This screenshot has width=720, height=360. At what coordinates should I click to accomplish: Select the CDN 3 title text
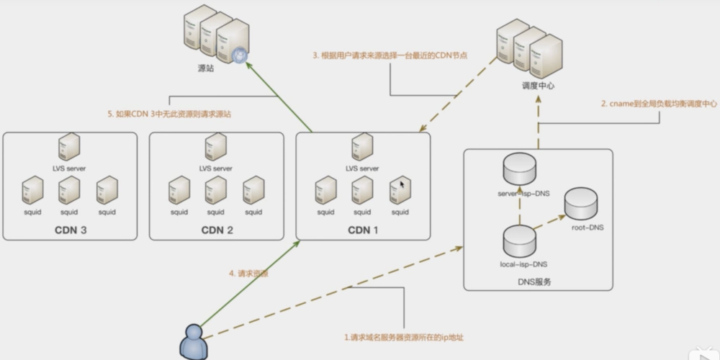coord(70,230)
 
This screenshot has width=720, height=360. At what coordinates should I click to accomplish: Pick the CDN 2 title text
coord(217,230)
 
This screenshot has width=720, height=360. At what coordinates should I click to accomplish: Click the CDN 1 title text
coord(364,230)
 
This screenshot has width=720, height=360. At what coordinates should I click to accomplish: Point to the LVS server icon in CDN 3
coord(69,147)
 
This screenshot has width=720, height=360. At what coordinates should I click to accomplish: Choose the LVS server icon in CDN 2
coord(215,147)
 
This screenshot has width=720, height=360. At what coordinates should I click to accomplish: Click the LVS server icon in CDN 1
coord(362,147)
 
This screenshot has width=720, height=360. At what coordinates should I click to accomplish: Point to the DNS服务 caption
coord(537,282)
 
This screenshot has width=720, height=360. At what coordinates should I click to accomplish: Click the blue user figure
coord(191,341)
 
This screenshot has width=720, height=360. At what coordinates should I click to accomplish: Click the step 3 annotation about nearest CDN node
coord(390,55)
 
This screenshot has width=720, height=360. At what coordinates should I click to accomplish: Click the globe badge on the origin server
coord(240,53)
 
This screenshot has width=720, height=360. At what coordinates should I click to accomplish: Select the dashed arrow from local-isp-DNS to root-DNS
coord(550,223)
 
